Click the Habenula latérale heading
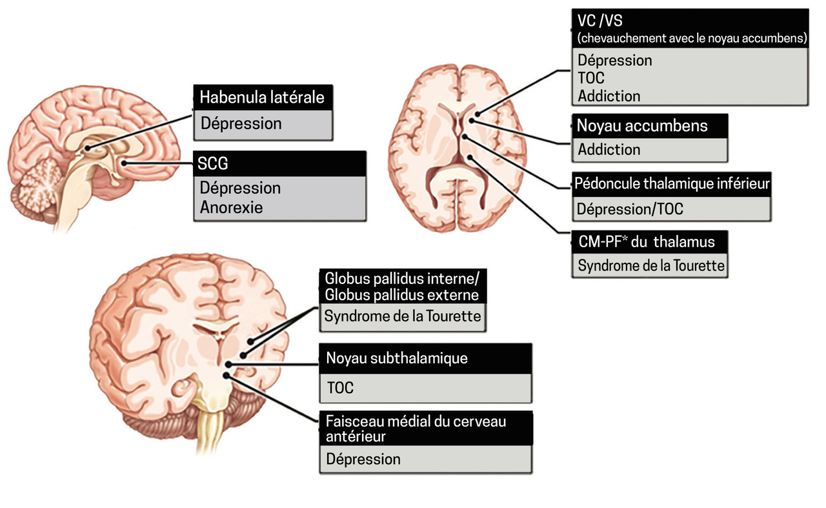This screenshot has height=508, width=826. [261, 97]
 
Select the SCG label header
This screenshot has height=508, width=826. [214, 164]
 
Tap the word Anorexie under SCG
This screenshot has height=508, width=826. [231, 208]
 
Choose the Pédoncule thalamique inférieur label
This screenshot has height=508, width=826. [672, 183]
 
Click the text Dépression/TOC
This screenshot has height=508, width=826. [630, 209]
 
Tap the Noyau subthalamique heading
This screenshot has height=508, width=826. [396, 358]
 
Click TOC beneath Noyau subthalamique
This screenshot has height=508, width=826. [340, 389]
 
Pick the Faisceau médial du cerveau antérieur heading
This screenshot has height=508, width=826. [416, 429]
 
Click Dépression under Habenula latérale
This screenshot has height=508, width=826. [241, 123]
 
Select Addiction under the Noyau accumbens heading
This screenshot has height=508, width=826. [609, 150]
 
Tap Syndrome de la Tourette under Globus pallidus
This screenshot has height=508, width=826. [403, 317]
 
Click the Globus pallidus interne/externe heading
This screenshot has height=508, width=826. [402, 287]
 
